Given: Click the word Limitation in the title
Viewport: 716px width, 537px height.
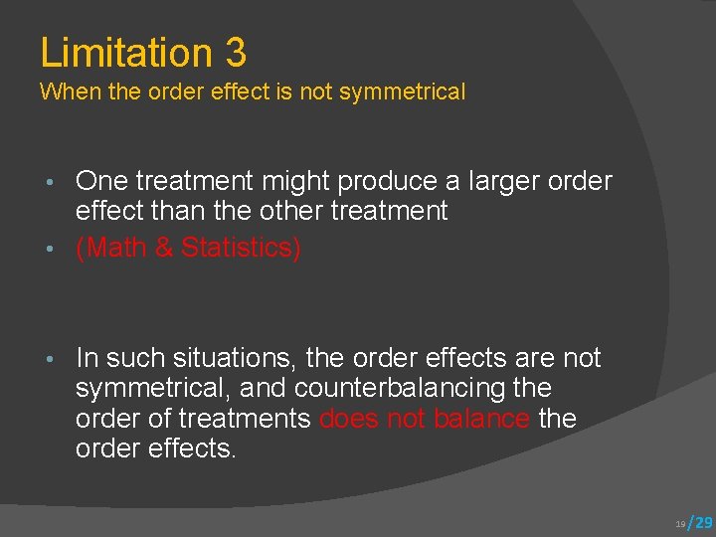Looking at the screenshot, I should pos(126,52).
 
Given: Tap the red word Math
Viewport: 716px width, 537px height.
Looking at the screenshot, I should pos(116,248).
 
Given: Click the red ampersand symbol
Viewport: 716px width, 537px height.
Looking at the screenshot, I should pos(164,248).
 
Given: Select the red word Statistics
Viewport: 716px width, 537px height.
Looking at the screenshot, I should pos(240,248).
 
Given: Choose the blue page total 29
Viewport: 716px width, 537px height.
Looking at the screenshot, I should pos(702,522).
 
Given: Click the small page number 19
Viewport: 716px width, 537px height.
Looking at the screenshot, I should pos(680,523).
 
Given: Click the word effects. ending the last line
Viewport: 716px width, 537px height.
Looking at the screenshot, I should pos(193,448).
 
